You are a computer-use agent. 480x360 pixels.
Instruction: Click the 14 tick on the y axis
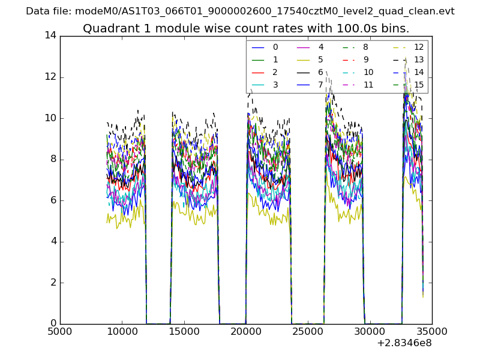click(x=50, y=35)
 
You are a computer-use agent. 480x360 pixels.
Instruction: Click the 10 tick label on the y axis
click(x=50, y=118)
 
